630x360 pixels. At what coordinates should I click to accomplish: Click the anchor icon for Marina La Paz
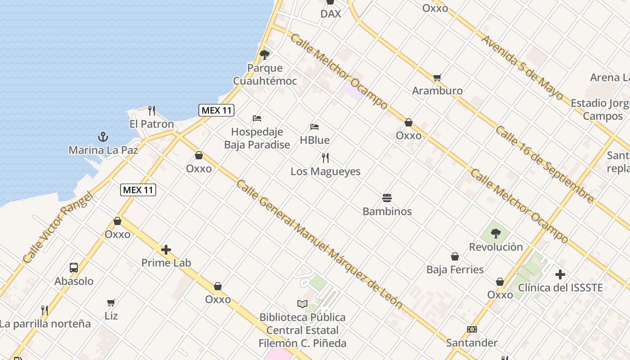[x=103, y=136]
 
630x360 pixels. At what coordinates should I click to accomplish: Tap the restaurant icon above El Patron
[x=152, y=110]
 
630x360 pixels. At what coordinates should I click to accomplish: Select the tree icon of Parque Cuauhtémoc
[x=265, y=55]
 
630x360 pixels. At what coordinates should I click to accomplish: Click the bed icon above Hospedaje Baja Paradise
[x=257, y=118]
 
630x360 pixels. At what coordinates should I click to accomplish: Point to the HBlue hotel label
[x=315, y=140]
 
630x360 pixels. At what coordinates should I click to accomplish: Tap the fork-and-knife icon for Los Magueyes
[x=325, y=158]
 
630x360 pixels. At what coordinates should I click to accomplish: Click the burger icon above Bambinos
[x=387, y=198]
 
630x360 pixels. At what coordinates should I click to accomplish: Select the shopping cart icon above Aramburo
[x=437, y=77]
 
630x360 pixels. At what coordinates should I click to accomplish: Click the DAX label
[x=330, y=14]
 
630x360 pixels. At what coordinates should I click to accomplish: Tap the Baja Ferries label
[x=455, y=270]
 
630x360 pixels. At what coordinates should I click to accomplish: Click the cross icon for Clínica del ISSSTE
[x=560, y=274]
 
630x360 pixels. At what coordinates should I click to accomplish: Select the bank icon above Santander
[x=472, y=329]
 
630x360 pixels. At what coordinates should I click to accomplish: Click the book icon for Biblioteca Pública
[x=302, y=304]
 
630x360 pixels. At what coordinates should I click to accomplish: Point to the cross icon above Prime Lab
[x=166, y=250]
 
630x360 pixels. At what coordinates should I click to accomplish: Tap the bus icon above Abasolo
[x=74, y=268]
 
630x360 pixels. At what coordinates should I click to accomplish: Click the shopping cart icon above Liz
[x=111, y=302]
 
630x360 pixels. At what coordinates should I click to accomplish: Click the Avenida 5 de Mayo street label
[x=522, y=67]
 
